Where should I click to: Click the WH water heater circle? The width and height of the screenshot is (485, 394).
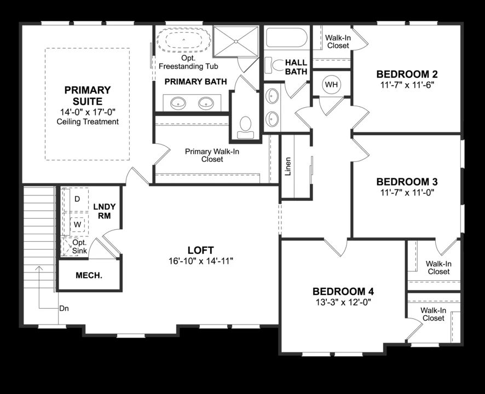331,84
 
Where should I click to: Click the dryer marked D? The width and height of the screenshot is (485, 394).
77,199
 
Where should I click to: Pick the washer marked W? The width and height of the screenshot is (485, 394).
77,224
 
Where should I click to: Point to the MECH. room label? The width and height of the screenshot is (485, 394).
89,275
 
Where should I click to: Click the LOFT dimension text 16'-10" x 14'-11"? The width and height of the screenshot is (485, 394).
201,261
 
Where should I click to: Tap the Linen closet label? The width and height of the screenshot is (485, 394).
288,167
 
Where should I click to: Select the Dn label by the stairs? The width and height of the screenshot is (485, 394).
64,308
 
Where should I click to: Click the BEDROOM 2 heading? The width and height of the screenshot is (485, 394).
406,74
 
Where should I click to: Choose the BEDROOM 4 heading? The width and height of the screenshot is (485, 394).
343,291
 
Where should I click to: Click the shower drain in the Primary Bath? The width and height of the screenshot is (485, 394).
236,40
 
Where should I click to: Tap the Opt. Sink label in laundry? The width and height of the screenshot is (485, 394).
79,247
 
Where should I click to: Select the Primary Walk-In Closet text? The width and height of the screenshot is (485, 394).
212,155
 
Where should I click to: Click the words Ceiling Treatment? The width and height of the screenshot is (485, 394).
88,121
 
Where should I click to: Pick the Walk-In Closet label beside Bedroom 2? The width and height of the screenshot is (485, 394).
338,42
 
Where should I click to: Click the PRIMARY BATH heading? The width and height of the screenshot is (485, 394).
195,82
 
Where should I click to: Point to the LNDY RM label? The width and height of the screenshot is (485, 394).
104,211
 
